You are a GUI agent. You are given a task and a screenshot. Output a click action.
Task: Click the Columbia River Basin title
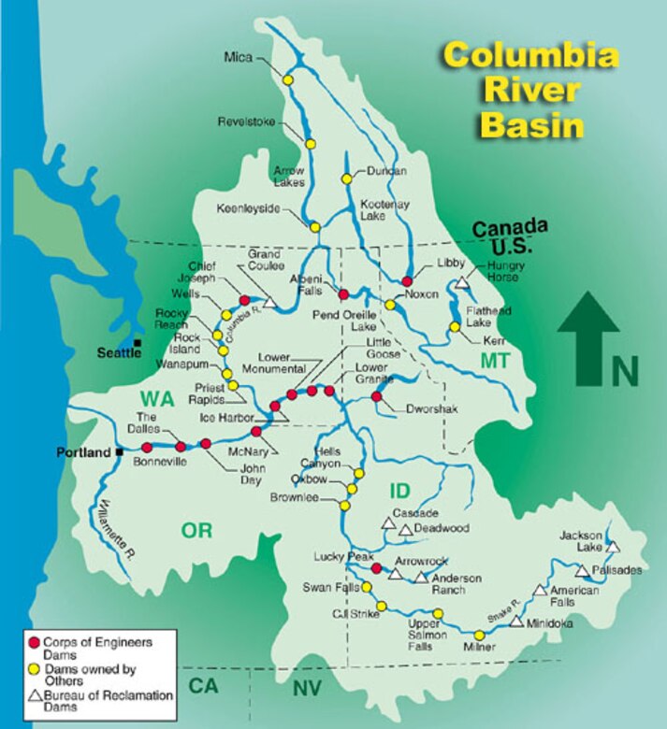pyautogui.click(x=530, y=90)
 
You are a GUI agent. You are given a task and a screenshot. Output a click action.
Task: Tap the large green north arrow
pyautogui.click(x=588, y=337)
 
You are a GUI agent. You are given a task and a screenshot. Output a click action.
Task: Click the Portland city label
pyautogui.click(x=83, y=452)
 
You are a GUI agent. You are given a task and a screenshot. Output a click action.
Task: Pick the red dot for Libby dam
pyautogui.click(x=407, y=280)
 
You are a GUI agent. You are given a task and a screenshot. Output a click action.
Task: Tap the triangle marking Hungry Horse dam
pyautogui.click(x=461, y=282)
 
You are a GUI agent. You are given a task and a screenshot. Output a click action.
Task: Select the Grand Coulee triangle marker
pyautogui.click(x=269, y=301)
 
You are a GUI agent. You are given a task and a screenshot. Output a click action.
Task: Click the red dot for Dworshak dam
pyautogui.click(x=376, y=397)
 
